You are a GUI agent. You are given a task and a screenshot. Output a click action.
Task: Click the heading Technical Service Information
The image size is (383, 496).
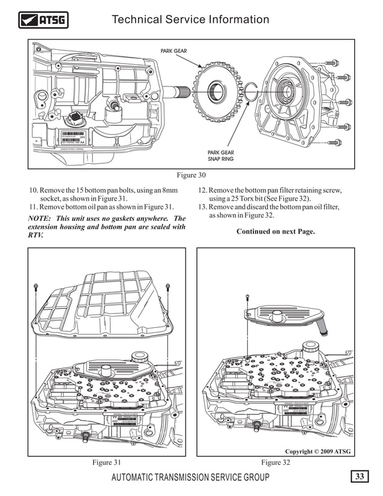[x=190, y=20]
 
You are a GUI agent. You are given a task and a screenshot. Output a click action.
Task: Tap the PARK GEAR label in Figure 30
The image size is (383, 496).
[x=173, y=51]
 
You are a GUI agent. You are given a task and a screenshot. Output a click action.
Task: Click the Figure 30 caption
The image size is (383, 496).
[x=191, y=175]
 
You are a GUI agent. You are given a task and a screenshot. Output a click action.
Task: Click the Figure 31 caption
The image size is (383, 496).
[x=106, y=462]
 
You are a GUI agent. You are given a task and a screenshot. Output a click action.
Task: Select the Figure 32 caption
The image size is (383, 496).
[x=276, y=462]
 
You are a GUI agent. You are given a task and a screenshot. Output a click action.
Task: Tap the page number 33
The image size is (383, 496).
[x=360, y=477]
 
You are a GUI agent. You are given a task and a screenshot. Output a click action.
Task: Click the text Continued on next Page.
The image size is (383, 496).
[x=276, y=231]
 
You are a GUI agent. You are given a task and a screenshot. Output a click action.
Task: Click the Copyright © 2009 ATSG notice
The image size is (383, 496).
[x=318, y=451]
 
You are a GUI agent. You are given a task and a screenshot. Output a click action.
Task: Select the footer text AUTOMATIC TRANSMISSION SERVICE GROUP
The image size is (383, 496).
[x=190, y=477]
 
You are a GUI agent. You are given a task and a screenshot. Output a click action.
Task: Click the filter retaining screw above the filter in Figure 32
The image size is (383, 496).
[x=248, y=297]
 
